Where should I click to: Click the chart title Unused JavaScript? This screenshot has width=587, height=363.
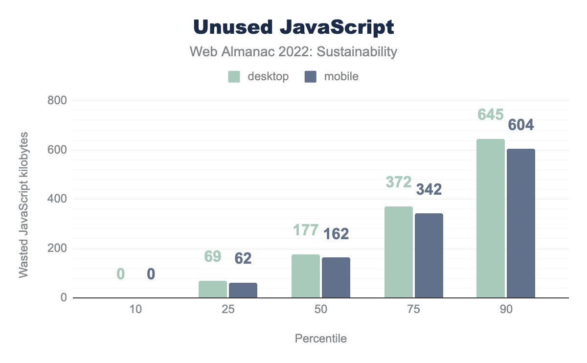[293, 27]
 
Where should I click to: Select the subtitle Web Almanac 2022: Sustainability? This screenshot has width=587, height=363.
[293, 52]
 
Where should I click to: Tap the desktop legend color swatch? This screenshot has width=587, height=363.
[234, 77]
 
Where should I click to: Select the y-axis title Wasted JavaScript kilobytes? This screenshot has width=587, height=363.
[23, 205]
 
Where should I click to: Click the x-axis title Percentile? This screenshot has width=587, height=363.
[321, 339]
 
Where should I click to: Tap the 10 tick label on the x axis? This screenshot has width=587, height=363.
[135, 310]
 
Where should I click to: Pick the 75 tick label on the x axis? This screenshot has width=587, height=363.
[414, 310]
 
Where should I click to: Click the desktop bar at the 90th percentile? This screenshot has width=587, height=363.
[491, 218]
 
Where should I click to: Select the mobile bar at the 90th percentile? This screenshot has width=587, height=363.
[521, 223]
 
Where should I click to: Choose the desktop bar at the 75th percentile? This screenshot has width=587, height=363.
[399, 252]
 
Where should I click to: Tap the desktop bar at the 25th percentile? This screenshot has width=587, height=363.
[213, 289]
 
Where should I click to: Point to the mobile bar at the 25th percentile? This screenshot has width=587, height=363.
[243, 290]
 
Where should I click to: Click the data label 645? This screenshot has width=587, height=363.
[491, 115]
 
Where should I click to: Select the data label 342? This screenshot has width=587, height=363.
[429, 190]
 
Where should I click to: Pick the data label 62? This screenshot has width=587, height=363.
[243, 258]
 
